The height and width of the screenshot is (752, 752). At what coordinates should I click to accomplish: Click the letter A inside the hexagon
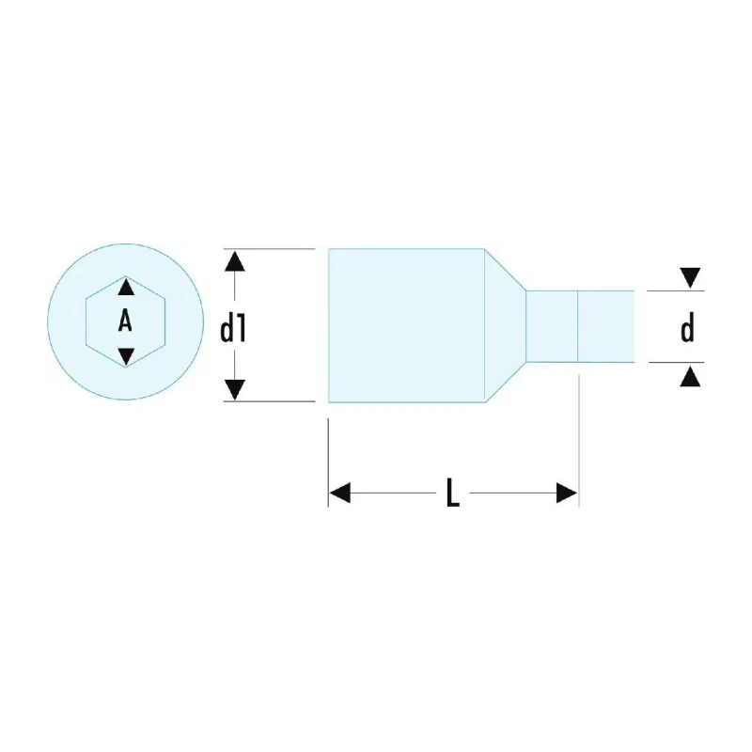tap(125, 321)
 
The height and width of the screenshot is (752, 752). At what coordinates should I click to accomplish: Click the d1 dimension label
tap(233, 330)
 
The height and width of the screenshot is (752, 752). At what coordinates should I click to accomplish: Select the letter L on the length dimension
tap(453, 492)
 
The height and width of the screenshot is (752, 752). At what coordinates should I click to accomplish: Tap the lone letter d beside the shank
tap(688, 328)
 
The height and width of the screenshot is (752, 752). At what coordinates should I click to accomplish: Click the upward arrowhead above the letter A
tap(126, 287)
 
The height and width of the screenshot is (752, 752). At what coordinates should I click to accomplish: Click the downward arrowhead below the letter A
tap(126, 356)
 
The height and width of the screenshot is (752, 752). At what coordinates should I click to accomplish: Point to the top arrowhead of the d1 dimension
tap(234, 261)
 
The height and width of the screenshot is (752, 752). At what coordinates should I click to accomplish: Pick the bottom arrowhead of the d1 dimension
tap(234, 389)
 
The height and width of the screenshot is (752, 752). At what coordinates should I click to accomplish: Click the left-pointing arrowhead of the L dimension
tap(340, 493)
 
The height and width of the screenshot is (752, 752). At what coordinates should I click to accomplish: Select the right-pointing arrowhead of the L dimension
tap(567, 493)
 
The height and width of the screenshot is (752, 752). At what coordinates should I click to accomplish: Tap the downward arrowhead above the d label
tap(690, 277)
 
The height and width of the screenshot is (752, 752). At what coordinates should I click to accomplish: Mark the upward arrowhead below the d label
tap(690, 376)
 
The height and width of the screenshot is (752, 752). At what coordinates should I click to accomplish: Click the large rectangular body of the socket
tap(407, 325)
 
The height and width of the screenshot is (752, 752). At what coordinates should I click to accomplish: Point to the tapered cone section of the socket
tap(506, 325)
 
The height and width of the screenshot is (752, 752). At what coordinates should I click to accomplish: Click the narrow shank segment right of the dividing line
tap(605, 326)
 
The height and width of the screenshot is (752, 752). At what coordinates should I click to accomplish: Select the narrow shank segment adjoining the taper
tap(552, 326)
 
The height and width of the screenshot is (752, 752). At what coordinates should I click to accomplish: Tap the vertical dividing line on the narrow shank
tap(578, 326)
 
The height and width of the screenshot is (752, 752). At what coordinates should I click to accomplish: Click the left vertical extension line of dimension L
tap(328, 462)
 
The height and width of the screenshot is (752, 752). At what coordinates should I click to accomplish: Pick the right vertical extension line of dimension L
tap(579, 440)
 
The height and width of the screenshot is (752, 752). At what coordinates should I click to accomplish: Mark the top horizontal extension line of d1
tap(270, 249)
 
